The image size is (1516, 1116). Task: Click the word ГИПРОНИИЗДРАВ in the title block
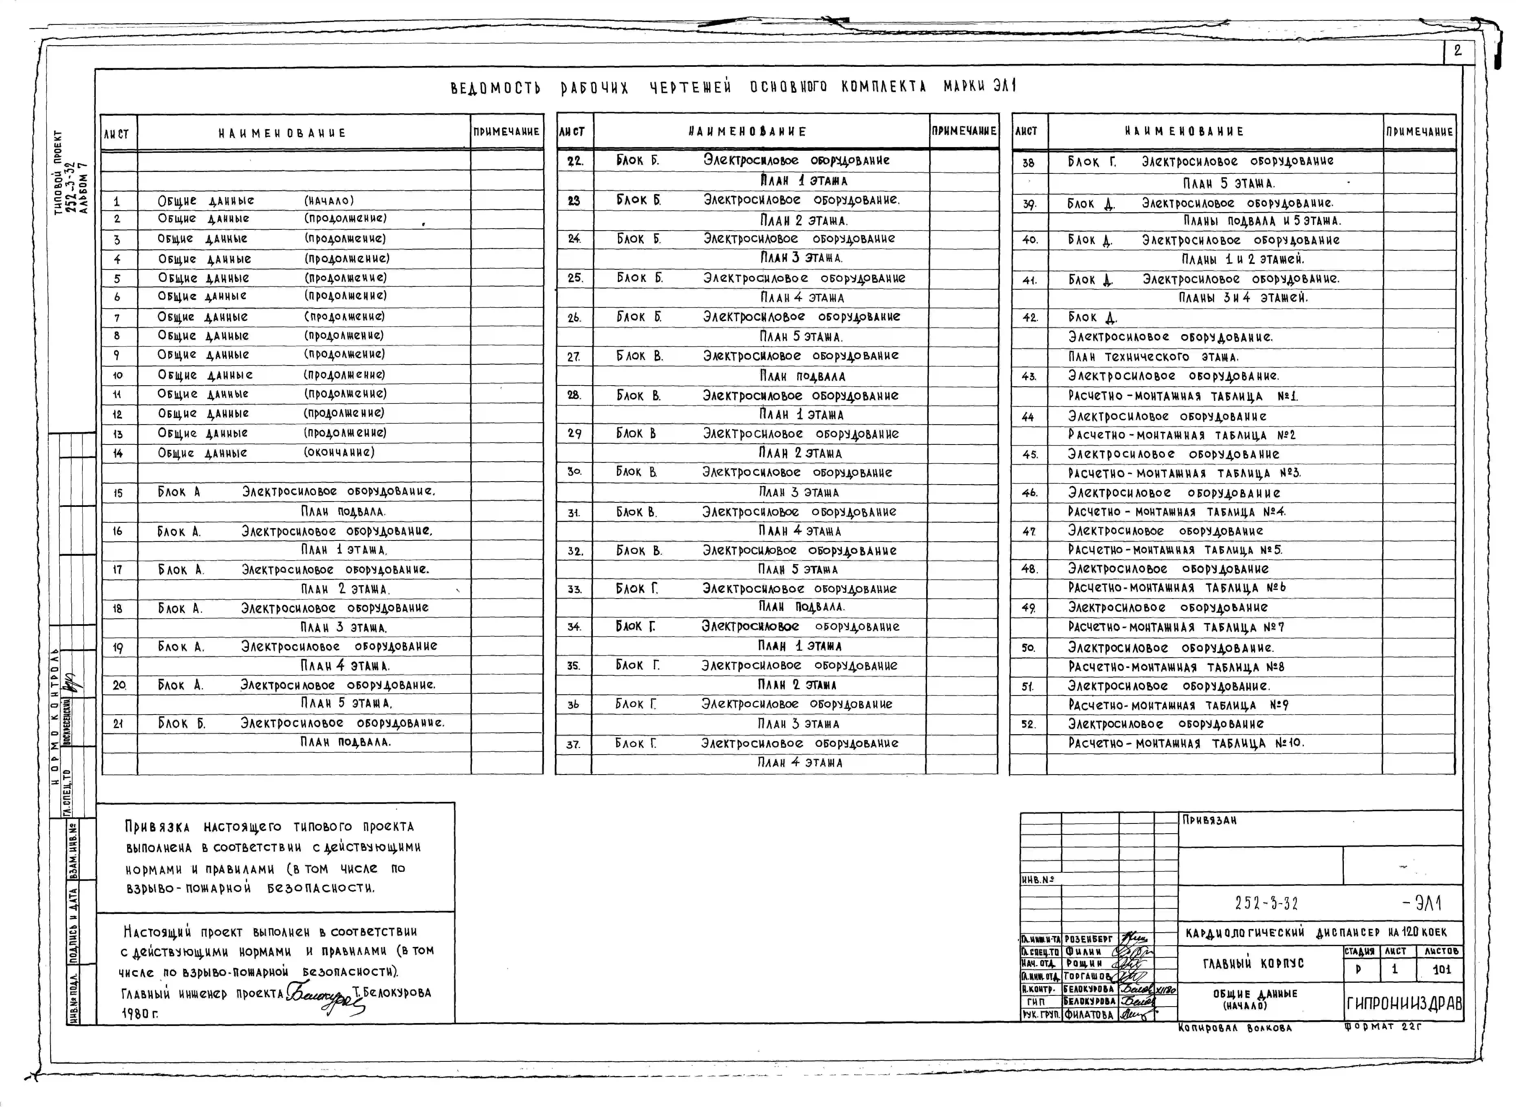point(1404,1004)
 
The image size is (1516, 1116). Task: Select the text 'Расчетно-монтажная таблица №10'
point(1186,743)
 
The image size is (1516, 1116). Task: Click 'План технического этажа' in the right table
point(1153,357)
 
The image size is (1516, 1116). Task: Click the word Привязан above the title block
point(1209,820)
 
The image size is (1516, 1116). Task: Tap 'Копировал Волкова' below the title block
point(1234,1028)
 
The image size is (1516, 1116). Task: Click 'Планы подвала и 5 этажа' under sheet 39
point(1261,221)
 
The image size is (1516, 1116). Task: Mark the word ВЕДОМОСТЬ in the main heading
point(495,88)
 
